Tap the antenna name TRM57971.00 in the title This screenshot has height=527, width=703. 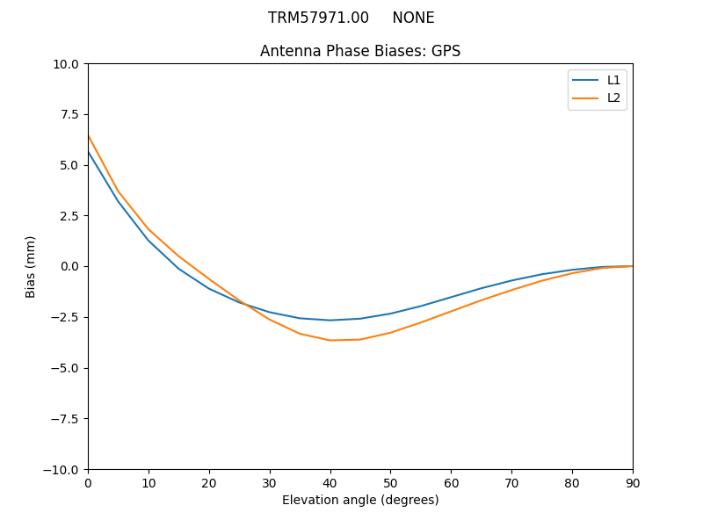click(318, 18)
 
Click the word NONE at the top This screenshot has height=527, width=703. click(413, 18)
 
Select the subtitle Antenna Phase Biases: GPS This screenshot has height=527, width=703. click(360, 51)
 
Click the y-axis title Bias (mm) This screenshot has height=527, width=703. click(31, 266)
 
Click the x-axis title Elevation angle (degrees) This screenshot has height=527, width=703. click(360, 500)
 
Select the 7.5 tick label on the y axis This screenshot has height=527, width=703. click(71, 114)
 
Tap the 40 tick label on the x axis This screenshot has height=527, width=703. click(330, 482)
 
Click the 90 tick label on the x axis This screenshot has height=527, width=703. click(633, 482)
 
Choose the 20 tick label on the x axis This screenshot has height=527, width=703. click(209, 482)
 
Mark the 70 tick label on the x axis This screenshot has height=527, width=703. click(511, 482)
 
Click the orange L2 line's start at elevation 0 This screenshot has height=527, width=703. click(89, 135)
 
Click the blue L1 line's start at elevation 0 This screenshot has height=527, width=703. click(89, 153)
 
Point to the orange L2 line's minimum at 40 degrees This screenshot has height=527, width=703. click(330, 340)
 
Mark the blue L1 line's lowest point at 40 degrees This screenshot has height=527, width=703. click(330, 320)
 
